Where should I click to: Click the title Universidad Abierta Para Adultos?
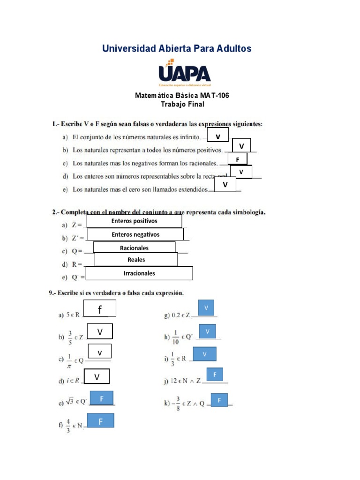(x=177, y=48)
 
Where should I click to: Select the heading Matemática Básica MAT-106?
(x=182, y=96)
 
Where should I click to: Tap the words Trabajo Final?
(x=182, y=104)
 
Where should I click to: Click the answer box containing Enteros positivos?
(x=135, y=221)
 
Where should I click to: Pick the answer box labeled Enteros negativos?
(x=135, y=234)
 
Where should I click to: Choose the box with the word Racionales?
(x=134, y=247)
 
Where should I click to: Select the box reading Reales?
(x=136, y=260)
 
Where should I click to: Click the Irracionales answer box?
(x=139, y=273)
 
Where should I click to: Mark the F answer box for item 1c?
(x=238, y=160)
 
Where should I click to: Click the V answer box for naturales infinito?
(x=217, y=136)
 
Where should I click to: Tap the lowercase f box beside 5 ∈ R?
(x=99, y=309)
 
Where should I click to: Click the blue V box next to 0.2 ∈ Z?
(x=206, y=307)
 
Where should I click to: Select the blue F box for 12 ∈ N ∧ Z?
(x=215, y=375)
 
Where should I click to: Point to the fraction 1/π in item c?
(x=69, y=360)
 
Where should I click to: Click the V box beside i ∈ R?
(x=97, y=377)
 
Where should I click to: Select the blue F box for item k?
(x=219, y=400)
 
